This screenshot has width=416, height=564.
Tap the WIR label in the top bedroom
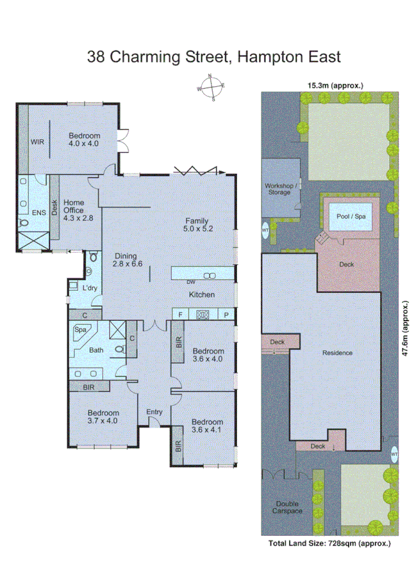(38, 141)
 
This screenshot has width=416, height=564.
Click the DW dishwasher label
(191, 282)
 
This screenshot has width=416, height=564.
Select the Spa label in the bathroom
(81, 330)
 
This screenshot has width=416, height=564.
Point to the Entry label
(155, 412)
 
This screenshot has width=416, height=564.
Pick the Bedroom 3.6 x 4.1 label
(207, 426)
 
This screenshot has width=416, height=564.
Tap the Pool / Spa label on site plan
(352, 216)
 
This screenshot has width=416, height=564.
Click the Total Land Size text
(330, 544)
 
